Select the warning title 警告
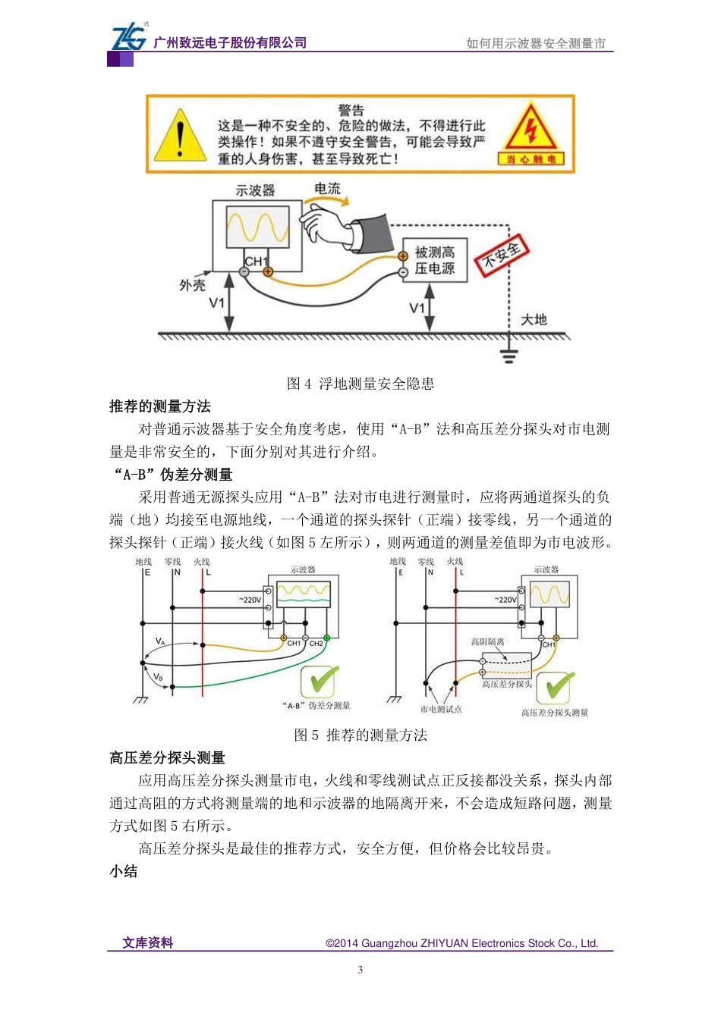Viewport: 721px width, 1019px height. click(x=351, y=110)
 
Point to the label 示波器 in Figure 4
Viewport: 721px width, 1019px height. click(x=255, y=190)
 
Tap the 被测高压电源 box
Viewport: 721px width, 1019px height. click(x=434, y=261)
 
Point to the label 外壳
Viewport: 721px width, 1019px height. click(x=192, y=285)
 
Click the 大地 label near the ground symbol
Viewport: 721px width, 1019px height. click(x=534, y=319)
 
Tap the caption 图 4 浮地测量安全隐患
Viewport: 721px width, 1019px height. click(x=360, y=384)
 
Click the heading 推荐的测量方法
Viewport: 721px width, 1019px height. click(x=160, y=406)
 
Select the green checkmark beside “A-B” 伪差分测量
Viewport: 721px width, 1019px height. click(x=320, y=682)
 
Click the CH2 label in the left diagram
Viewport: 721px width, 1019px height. click(x=316, y=644)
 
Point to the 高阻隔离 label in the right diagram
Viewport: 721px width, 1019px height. click(x=487, y=642)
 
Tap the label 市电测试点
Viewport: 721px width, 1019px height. click(x=441, y=710)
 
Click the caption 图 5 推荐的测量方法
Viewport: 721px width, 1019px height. click(x=360, y=735)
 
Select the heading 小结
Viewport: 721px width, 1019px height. click(x=124, y=871)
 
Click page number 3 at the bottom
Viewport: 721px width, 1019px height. click(x=360, y=969)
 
